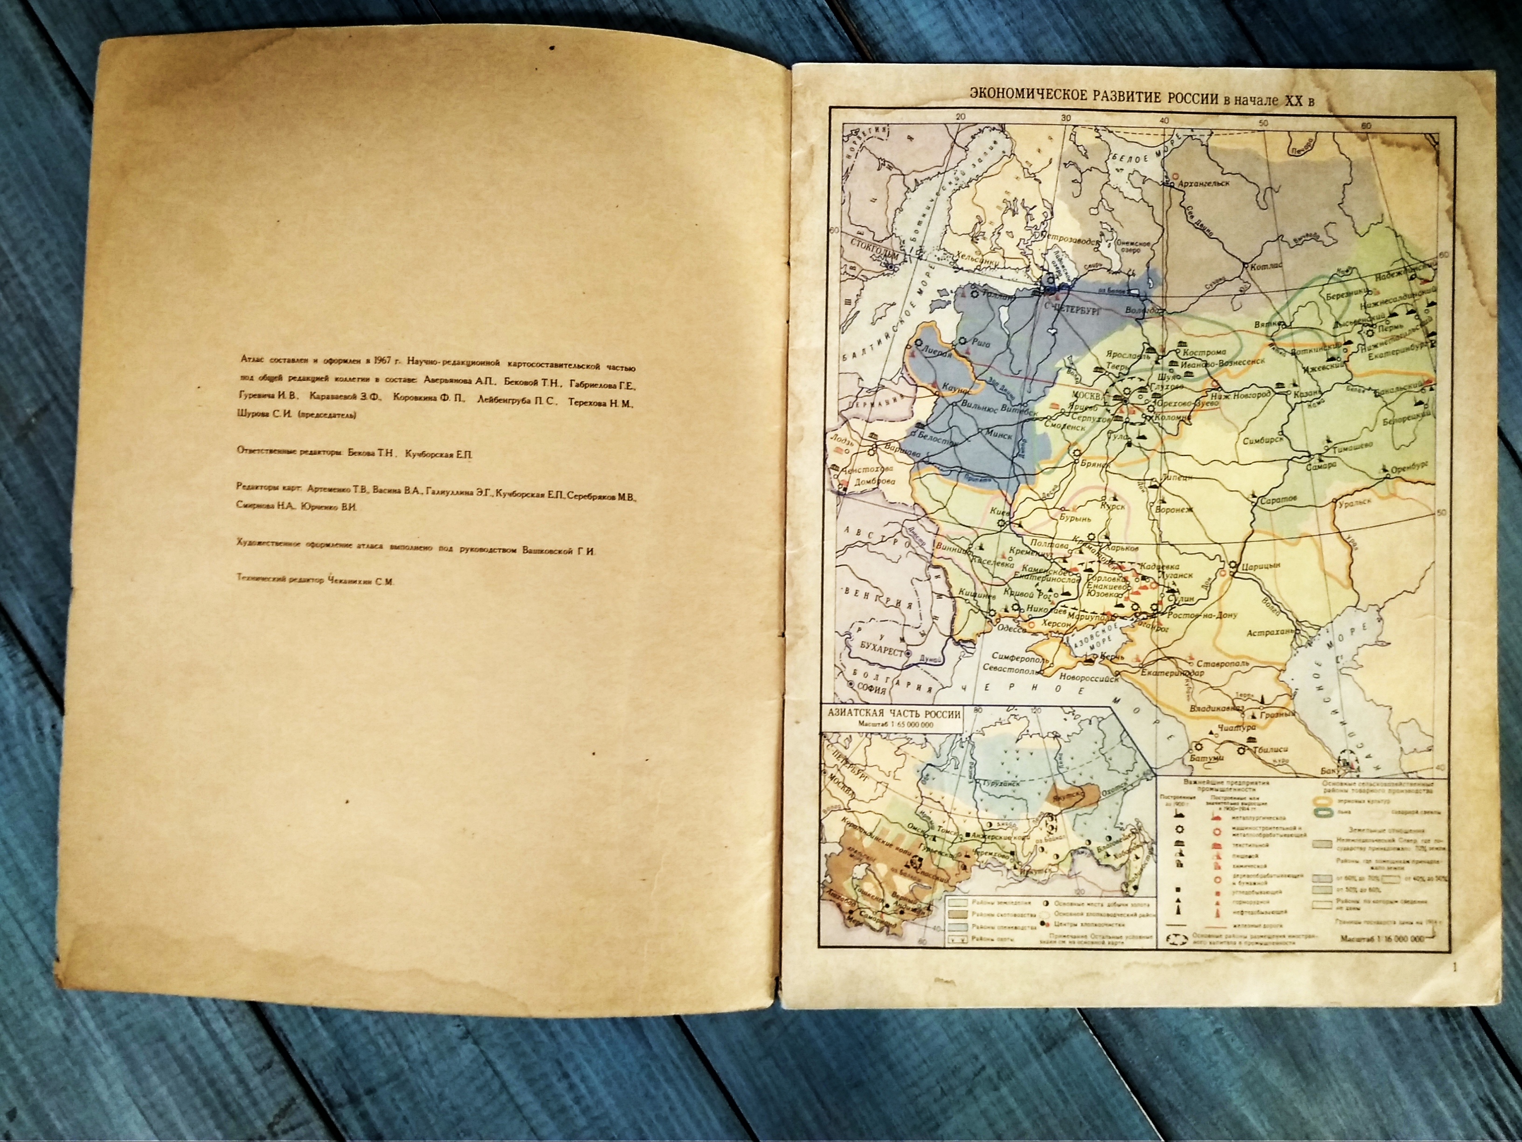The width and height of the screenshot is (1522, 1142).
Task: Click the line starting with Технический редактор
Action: (x=315, y=581)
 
